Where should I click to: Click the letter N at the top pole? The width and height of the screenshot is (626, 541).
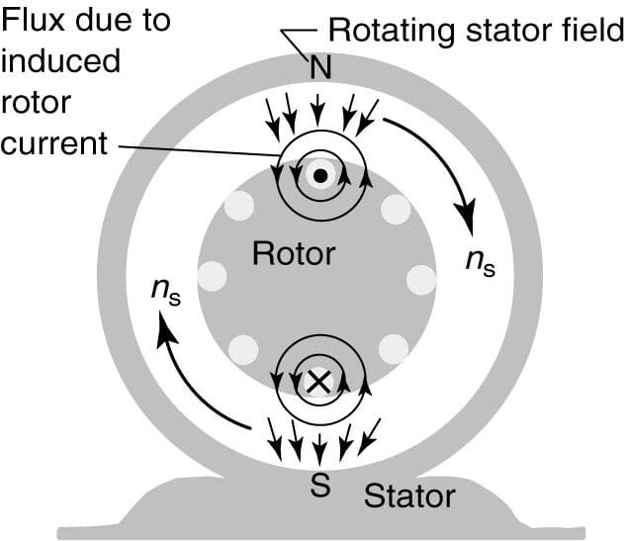[x=319, y=68]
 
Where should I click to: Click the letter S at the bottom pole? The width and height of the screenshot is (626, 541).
[x=319, y=487]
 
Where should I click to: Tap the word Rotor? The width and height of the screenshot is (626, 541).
[x=294, y=253]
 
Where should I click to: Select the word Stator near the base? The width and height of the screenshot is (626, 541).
[x=409, y=496]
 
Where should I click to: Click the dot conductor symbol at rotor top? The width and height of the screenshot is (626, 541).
[x=319, y=176]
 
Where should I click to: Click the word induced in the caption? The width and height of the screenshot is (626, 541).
[x=60, y=61]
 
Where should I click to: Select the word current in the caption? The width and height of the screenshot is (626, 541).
[x=53, y=142]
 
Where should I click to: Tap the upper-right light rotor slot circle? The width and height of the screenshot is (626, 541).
[x=397, y=209]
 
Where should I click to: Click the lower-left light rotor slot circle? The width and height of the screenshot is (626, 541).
[x=240, y=349]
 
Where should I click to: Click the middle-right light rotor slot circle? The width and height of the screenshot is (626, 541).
[x=421, y=278]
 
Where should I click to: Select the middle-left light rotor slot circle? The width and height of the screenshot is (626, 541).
[x=212, y=276]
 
